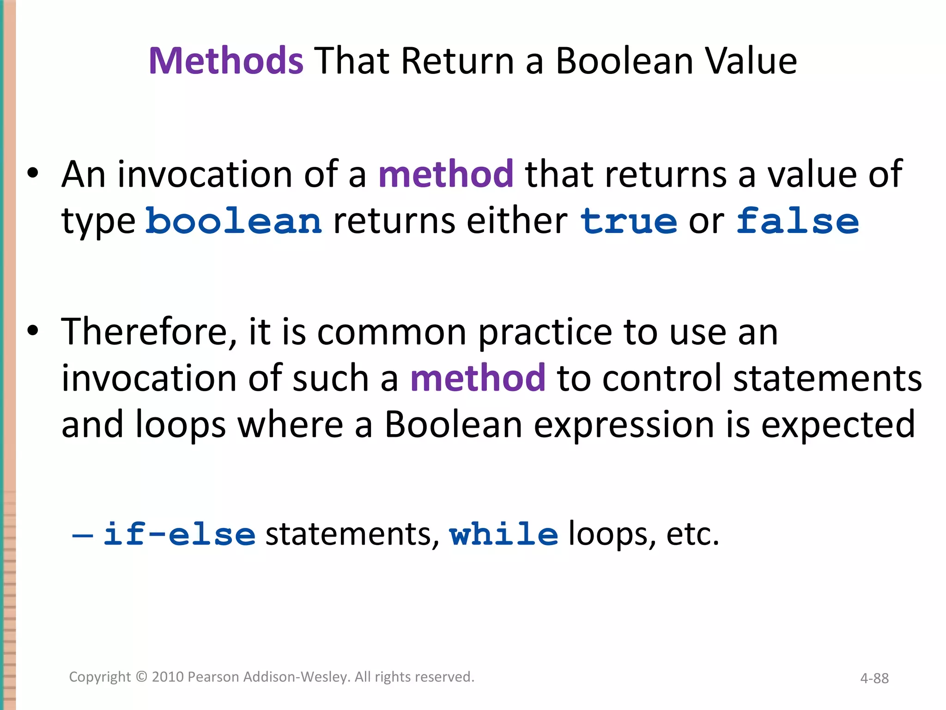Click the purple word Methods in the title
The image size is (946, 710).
click(x=226, y=61)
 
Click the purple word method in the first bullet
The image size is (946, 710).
click(x=446, y=174)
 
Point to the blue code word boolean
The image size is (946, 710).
click(x=233, y=221)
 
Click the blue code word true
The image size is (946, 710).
click(x=629, y=221)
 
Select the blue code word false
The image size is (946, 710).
click(x=797, y=221)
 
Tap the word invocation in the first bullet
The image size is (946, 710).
click(x=205, y=174)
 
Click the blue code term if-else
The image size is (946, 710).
click(x=179, y=534)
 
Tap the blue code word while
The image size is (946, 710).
click(x=503, y=534)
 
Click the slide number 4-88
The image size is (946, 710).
click(x=874, y=678)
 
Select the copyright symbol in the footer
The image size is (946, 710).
click(x=141, y=677)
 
